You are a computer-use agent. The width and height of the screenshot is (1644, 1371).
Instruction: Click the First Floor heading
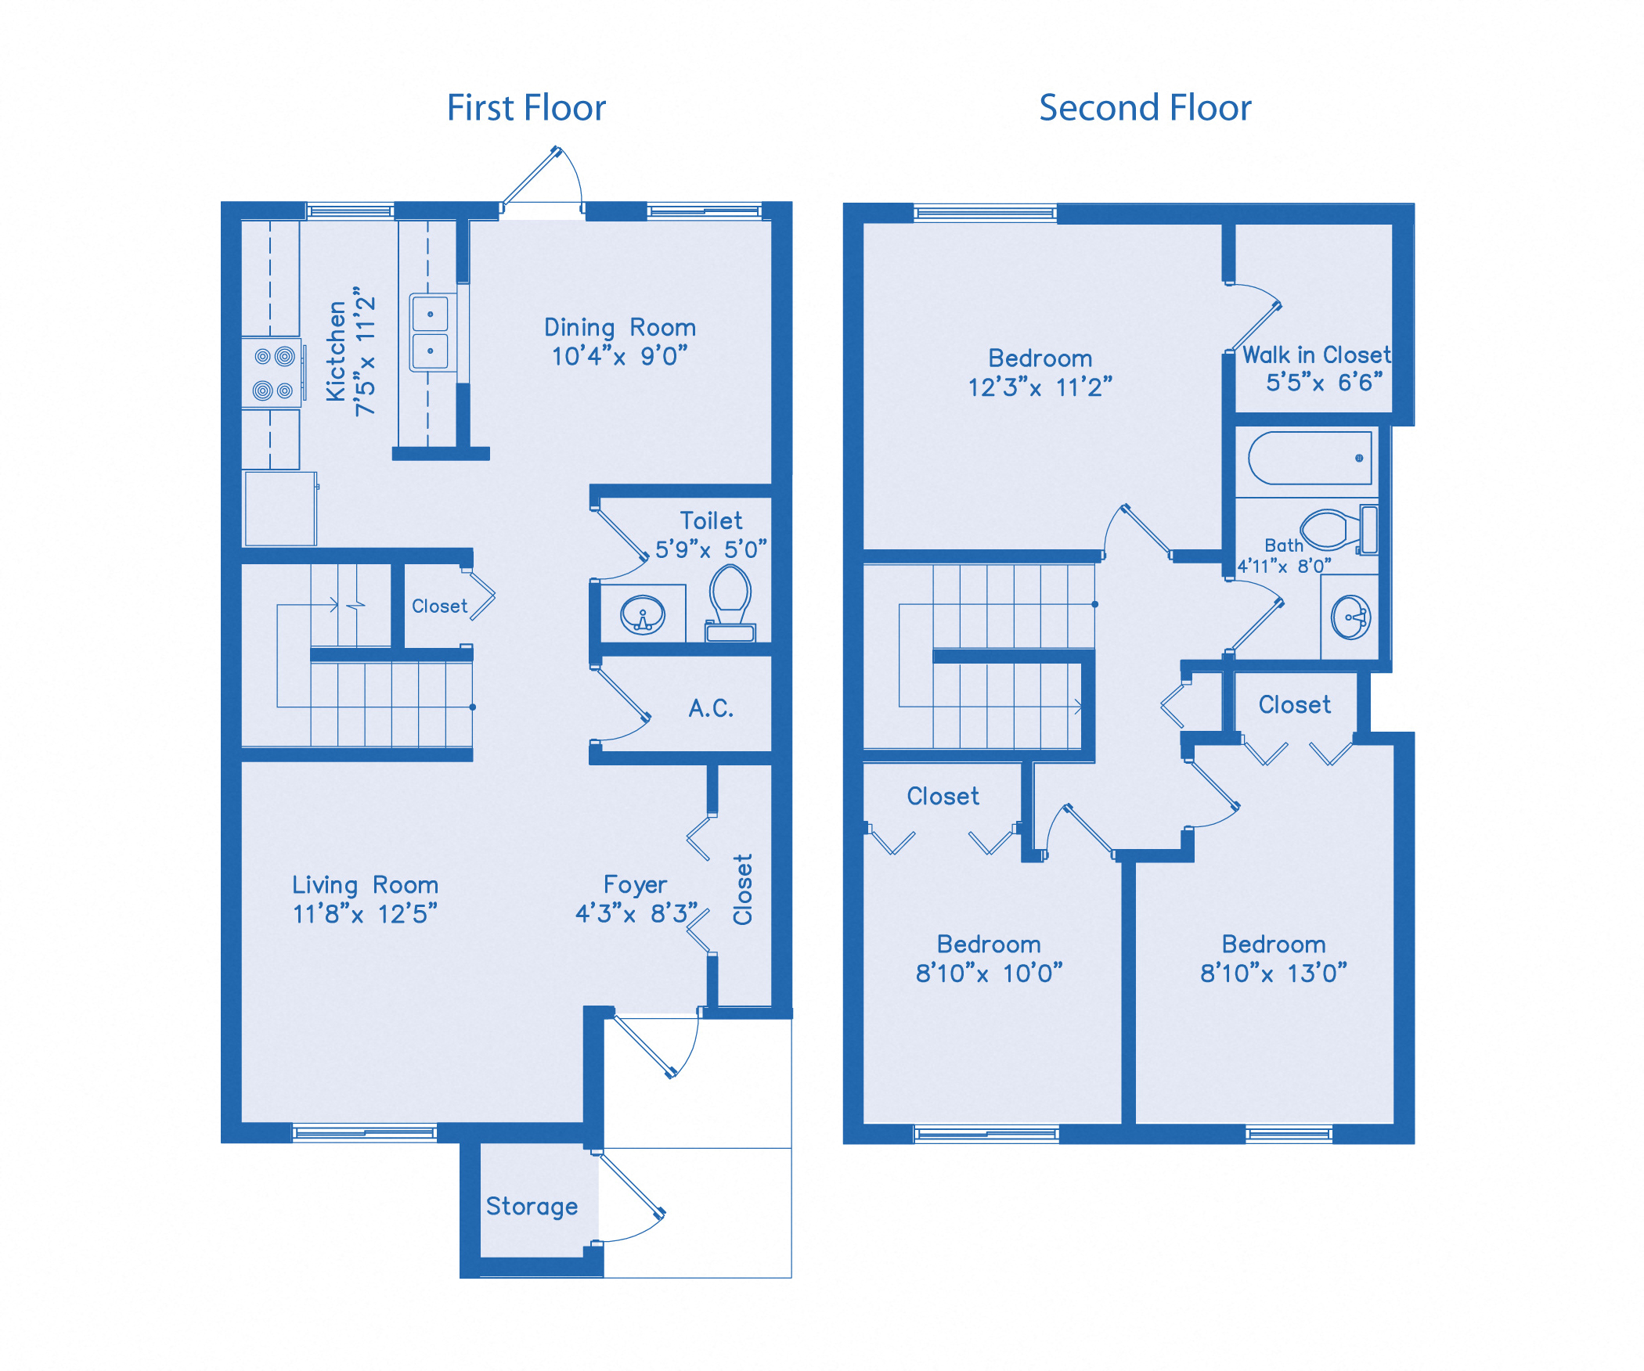coord(526,108)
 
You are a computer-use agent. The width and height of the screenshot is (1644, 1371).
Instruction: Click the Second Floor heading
coord(1145,108)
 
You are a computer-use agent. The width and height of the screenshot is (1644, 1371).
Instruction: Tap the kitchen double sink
coord(430,333)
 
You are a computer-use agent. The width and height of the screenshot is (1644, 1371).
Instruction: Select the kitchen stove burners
coord(272,373)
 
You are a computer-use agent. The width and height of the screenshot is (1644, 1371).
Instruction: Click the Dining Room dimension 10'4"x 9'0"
coord(619,357)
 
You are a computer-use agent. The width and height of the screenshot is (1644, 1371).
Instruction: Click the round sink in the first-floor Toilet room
coord(643,615)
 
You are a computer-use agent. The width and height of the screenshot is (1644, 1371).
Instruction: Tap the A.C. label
coord(711,709)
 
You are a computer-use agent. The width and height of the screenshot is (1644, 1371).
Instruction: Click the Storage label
coord(532,1206)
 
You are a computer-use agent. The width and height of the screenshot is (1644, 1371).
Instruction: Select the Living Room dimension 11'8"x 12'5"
coord(365,914)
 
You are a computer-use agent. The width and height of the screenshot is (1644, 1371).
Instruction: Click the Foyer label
coord(635,885)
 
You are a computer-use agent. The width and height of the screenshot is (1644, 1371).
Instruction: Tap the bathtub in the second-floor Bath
coord(1309,458)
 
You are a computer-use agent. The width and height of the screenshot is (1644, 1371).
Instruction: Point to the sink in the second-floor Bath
coord(1350,617)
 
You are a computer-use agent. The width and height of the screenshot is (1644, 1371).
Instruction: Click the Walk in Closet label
coord(1316,355)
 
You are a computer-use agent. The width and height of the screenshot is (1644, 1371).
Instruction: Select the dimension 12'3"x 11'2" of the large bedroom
coord(1040,387)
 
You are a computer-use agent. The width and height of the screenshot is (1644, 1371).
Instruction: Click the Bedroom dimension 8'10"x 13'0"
coord(1274,973)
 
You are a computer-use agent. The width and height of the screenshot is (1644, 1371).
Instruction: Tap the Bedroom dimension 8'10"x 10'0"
coord(989,973)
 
